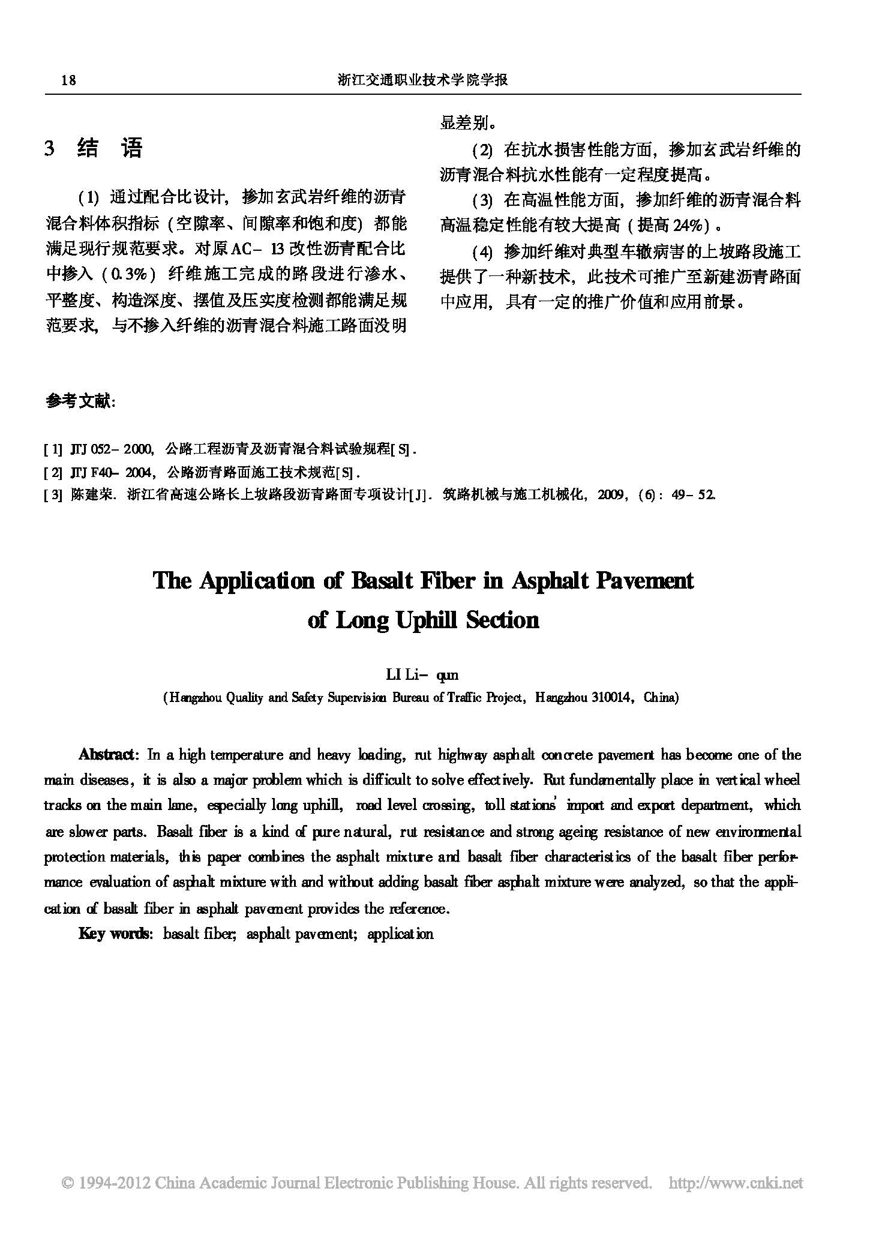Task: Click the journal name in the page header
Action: pos(423,80)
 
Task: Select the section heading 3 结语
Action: pos(94,148)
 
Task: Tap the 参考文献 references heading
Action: pos(80,401)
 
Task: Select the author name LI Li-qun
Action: pos(422,675)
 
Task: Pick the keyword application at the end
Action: pos(400,934)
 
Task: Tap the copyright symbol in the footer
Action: pos(68,1183)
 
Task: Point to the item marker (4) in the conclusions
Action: pos(482,252)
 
